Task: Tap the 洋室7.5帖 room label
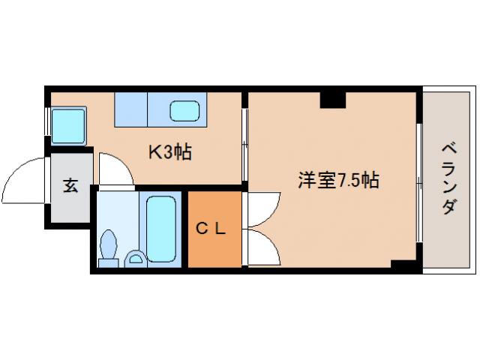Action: pos(337,180)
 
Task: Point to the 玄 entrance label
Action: pos(70,186)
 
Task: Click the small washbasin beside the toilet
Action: pos(136,259)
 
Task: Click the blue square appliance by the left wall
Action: pos(68,122)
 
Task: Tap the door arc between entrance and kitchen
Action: pos(115,169)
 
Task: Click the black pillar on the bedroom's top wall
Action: pos(331,98)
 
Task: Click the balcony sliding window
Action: pos(418,180)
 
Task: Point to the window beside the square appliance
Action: pos(48,122)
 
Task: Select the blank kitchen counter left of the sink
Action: pos(131,109)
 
